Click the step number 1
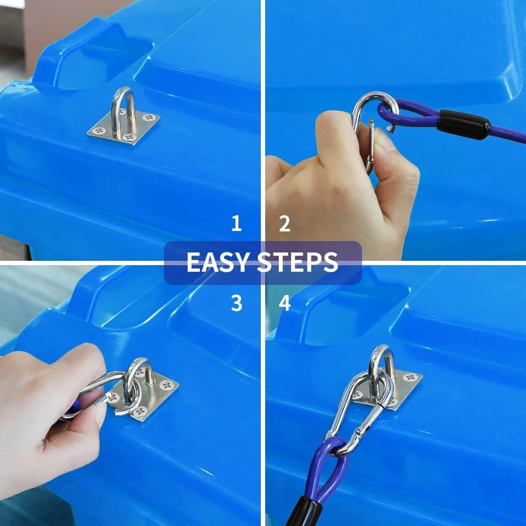pos(237,224)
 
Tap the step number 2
pos(285,224)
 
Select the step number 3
pos(237,303)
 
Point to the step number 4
pos(285,303)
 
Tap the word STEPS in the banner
pos(298,262)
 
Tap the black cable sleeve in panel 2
pos(463,125)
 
